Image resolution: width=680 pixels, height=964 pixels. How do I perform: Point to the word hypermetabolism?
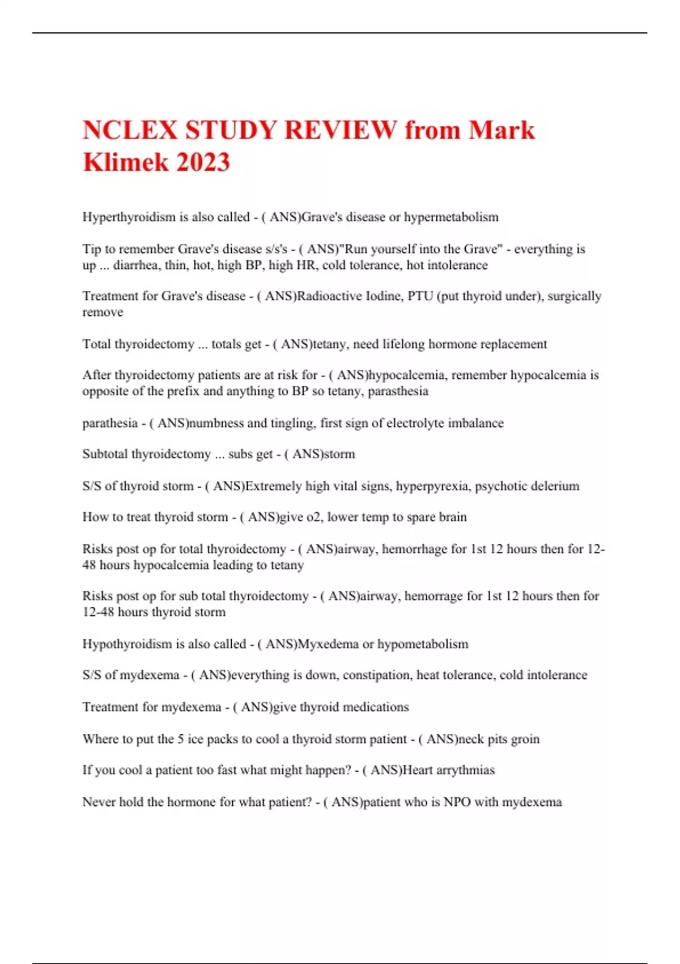[451, 217]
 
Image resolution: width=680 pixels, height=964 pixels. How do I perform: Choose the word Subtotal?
[105, 454]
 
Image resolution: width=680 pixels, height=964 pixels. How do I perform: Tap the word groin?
[525, 739]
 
